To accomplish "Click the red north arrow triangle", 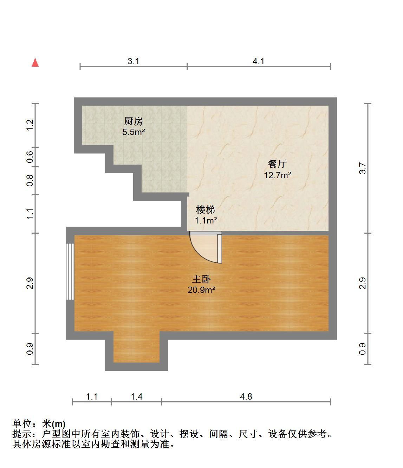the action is click(x=35, y=63).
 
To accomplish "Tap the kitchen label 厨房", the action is click(x=134, y=121).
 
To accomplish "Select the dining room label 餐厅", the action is click(x=277, y=164).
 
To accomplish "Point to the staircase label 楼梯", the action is click(x=206, y=210).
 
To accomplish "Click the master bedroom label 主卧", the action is click(x=201, y=279).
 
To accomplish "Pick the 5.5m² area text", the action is click(x=134, y=132).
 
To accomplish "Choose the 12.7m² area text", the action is click(x=277, y=175).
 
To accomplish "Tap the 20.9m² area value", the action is click(x=201, y=290).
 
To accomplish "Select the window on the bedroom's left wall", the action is click(x=70, y=272).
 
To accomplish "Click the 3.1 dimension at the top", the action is click(x=134, y=61).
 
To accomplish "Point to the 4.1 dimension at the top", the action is click(x=259, y=61).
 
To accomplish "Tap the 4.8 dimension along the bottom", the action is click(x=246, y=396).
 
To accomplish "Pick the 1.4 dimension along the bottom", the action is click(x=137, y=396).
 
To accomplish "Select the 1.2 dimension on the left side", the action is click(x=30, y=125).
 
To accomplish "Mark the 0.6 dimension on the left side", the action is click(x=30, y=157).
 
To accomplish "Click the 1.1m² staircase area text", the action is click(x=206, y=221).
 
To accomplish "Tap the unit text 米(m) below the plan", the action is click(x=54, y=424).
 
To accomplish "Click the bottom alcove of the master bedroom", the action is click(x=136, y=350).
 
